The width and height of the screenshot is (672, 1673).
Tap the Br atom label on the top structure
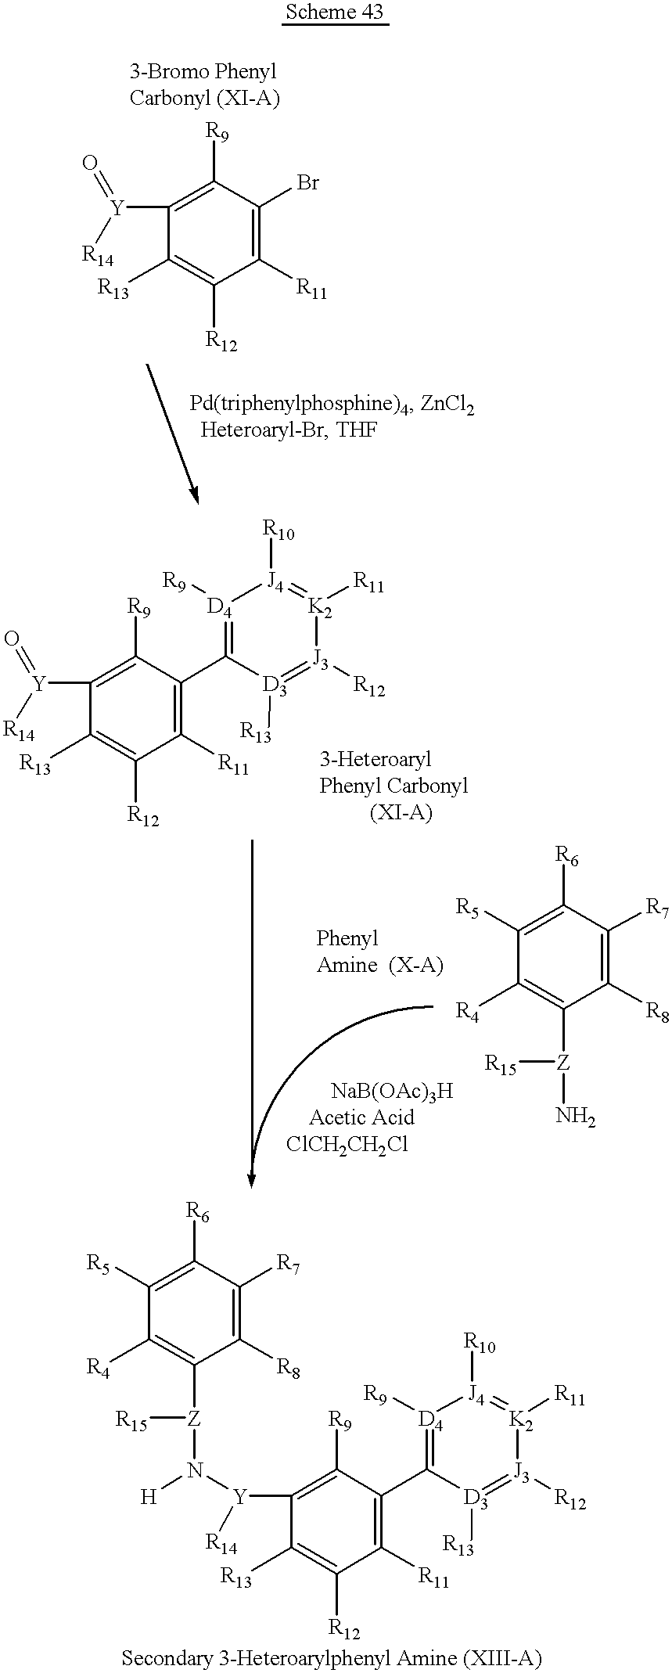tap(307, 183)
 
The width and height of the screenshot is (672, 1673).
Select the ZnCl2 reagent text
tap(447, 405)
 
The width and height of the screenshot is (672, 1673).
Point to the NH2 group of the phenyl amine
tap(575, 1117)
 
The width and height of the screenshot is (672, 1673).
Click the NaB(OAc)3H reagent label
tap(392, 1092)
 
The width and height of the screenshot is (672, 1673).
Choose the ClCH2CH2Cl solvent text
tap(347, 1145)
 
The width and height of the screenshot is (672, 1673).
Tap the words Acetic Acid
tap(361, 1117)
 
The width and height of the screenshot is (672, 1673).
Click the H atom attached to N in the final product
tap(148, 1497)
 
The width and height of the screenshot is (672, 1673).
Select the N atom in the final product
tap(195, 1471)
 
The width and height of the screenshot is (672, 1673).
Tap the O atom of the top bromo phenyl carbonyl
tap(90, 163)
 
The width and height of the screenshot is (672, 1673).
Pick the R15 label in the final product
tap(132, 1419)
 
